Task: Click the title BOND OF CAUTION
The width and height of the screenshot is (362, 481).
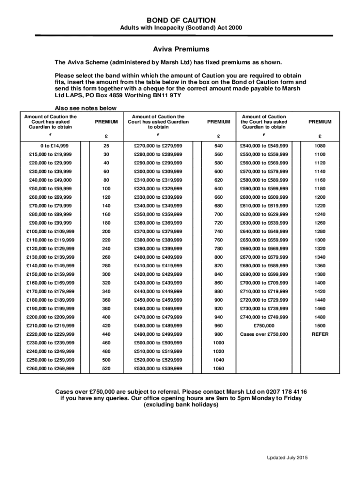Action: tap(181, 20)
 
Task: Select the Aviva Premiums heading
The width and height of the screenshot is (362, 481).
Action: tap(181, 49)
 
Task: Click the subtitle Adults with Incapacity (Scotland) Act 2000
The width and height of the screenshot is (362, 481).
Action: tap(181, 28)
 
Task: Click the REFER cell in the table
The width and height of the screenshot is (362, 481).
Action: tap(320, 334)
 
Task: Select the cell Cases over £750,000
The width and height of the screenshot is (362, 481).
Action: tap(264, 334)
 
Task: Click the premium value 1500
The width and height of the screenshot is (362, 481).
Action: tap(320, 326)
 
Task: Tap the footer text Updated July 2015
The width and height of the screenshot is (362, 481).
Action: tap(287, 458)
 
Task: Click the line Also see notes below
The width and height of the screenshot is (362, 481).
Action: tap(86, 108)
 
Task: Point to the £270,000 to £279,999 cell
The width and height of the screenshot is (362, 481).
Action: tap(158, 145)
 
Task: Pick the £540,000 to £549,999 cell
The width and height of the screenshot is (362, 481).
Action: tap(264, 145)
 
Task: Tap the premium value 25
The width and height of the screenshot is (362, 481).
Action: tap(106, 145)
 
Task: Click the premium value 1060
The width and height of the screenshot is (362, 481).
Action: tap(219, 368)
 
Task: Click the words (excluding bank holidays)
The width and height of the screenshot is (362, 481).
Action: tap(181, 405)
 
